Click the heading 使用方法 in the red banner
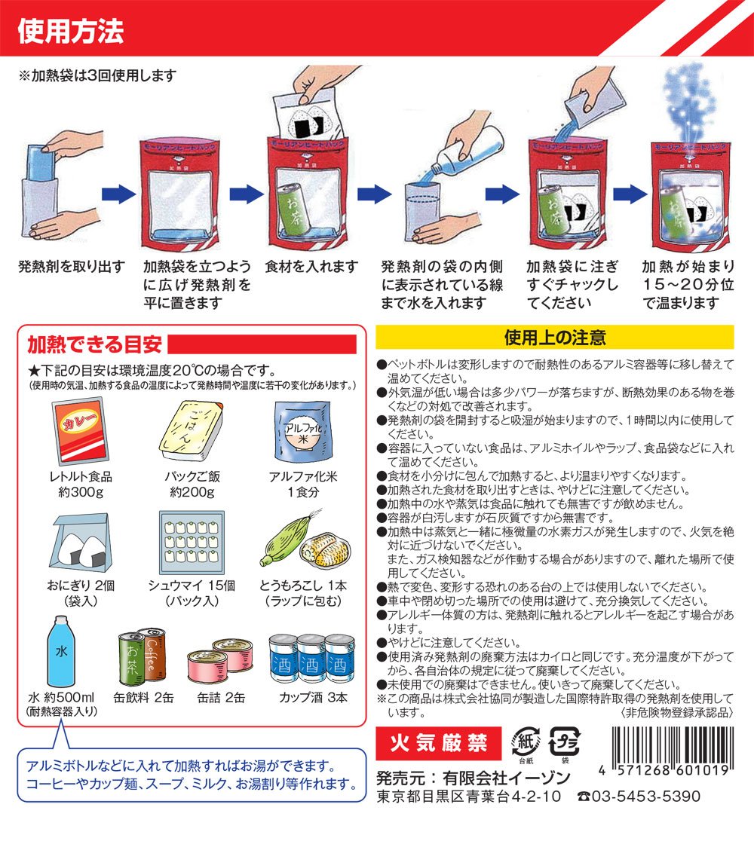[71, 31]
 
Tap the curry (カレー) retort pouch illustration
[80, 432]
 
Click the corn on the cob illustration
[306, 542]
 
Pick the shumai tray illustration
[192, 543]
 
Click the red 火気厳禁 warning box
[438, 743]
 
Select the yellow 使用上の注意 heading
[554, 338]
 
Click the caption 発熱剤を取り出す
[72, 266]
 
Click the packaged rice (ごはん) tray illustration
[192, 431]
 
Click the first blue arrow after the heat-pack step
[118, 194]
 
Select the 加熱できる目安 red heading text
[94, 344]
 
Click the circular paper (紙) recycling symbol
[526, 742]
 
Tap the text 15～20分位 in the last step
[688, 284]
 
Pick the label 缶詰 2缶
[221, 697]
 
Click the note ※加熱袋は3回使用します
[97, 75]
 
